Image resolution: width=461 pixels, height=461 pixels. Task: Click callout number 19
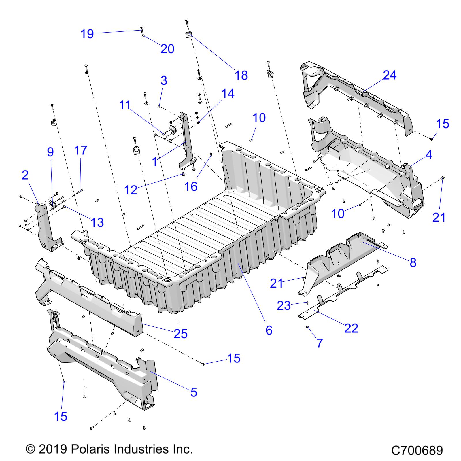pyautogui.click(x=87, y=34)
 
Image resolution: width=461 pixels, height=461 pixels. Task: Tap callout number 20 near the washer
pyautogui.click(x=167, y=49)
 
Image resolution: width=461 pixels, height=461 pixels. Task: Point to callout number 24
pyautogui.click(x=390, y=75)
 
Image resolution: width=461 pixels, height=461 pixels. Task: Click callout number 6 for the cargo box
pyautogui.click(x=269, y=330)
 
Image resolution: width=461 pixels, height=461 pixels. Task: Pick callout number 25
pyautogui.click(x=181, y=334)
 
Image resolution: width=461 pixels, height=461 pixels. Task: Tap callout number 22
pyautogui.click(x=351, y=328)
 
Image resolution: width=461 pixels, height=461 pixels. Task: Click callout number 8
pyautogui.click(x=413, y=262)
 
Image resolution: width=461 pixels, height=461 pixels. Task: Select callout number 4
pyautogui.click(x=429, y=155)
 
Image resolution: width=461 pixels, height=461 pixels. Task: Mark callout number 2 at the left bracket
pyautogui.click(x=25, y=175)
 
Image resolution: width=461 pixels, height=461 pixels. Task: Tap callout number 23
pyautogui.click(x=284, y=306)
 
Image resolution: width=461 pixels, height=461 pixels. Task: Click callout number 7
pyautogui.click(x=320, y=343)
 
